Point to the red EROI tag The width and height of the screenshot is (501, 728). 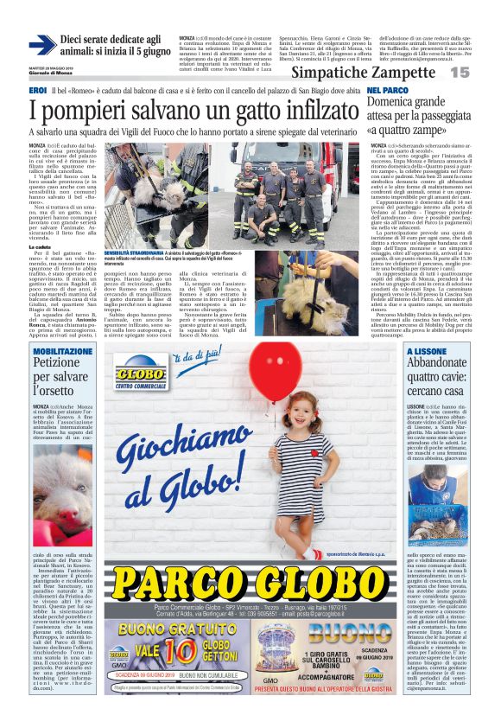tap(38, 91)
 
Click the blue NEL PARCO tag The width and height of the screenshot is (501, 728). tap(387, 91)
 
